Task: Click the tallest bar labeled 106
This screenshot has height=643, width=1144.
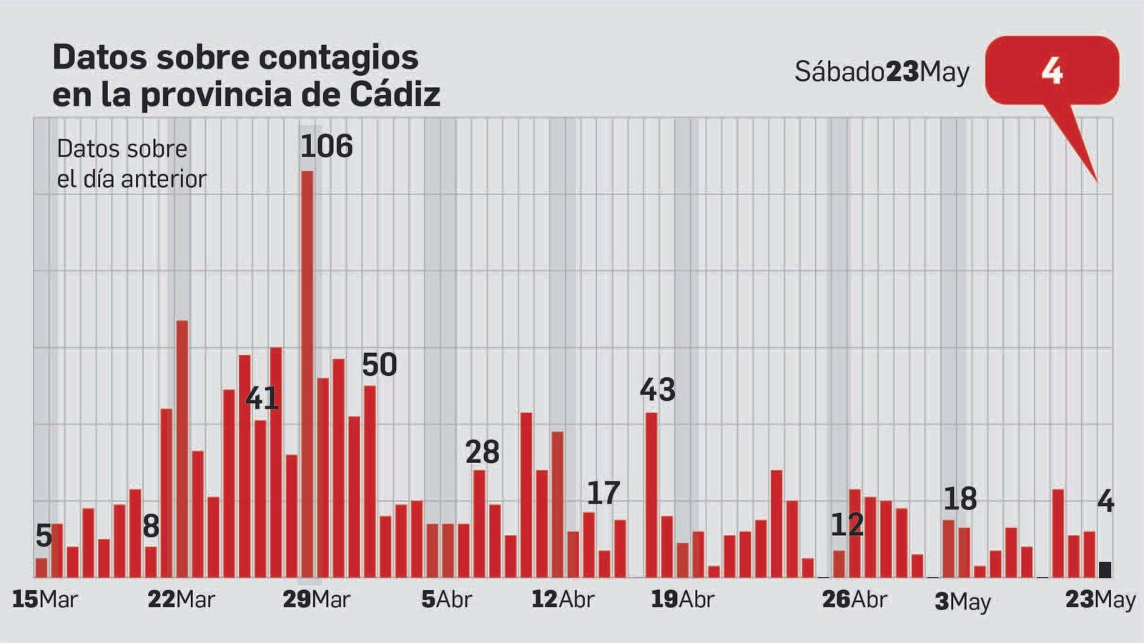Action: (x=307, y=372)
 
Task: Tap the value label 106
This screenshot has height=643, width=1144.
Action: (x=326, y=146)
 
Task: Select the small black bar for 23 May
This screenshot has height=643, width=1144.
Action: (x=1105, y=569)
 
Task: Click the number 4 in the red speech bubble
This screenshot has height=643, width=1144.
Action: (x=1051, y=71)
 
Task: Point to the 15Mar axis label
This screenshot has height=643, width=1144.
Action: (x=44, y=599)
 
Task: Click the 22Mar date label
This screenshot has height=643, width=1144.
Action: (x=181, y=599)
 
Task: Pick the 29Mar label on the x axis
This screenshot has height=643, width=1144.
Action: (x=316, y=599)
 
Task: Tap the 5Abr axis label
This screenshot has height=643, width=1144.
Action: (x=446, y=599)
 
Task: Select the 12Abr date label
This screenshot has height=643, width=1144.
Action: (x=562, y=599)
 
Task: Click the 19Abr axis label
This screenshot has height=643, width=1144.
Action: (x=682, y=599)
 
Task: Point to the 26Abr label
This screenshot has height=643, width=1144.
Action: (x=854, y=599)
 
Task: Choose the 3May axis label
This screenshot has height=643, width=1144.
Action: (x=962, y=602)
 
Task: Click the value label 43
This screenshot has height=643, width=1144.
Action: (x=657, y=390)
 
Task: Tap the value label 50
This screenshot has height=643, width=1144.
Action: (x=379, y=365)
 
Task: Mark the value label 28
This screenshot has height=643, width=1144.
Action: (x=482, y=452)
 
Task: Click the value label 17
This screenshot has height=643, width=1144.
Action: (x=603, y=494)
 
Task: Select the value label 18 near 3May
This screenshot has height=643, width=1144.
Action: (x=960, y=499)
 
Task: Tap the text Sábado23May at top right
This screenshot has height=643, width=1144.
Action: (x=882, y=71)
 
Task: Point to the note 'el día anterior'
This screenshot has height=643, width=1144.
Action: (x=132, y=179)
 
